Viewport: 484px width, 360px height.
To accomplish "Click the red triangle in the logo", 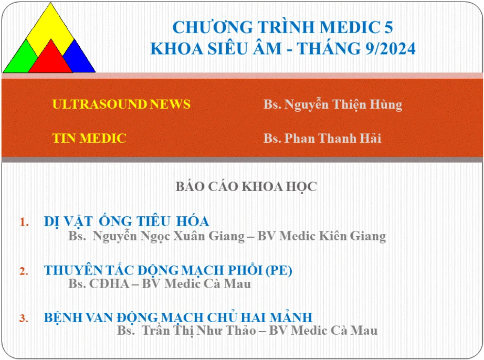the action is pyautogui.click(x=50, y=60).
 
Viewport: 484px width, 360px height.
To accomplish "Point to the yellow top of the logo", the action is pyautogui.click(x=50, y=28).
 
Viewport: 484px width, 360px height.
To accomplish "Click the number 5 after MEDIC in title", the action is pyautogui.click(x=388, y=27).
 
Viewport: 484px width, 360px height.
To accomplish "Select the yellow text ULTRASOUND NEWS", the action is pyautogui.click(x=121, y=104).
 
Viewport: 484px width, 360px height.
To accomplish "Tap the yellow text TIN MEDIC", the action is pyautogui.click(x=89, y=138).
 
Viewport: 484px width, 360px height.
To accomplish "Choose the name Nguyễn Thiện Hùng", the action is pyautogui.click(x=343, y=104).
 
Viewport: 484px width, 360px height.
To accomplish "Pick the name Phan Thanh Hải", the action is pyautogui.click(x=333, y=138).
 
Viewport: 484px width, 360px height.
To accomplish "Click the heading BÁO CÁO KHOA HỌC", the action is pyautogui.click(x=246, y=187).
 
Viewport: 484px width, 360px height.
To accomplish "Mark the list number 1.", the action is pyautogui.click(x=24, y=222).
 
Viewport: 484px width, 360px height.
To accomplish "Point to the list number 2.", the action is pyautogui.click(x=24, y=271).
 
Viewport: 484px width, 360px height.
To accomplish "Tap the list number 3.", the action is pyautogui.click(x=24, y=318).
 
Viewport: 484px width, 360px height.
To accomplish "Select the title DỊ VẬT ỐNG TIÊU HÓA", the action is pyautogui.click(x=127, y=221).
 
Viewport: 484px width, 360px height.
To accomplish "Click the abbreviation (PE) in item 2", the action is pyautogui.click(x=279, y=270).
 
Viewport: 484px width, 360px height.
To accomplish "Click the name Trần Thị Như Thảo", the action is pyautogui.click(x=199, y=331).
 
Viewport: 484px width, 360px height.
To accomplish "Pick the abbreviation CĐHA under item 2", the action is pyautogui.click(x=109, y=284).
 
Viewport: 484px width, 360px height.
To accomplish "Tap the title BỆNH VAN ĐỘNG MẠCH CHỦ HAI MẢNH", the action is pyautogui.click(x=178, y=317).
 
